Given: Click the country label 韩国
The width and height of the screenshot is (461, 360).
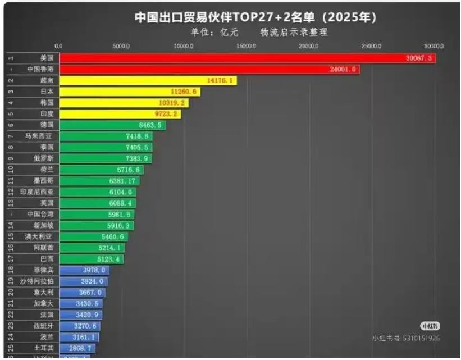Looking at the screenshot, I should coord(47,103).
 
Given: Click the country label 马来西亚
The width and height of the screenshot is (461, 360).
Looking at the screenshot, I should coord(39,136).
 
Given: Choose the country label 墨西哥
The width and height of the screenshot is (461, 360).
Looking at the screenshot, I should coord(44,180).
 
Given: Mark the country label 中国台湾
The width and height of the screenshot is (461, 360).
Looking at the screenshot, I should coord(40,214).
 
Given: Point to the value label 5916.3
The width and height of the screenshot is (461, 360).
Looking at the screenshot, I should coord(118,225).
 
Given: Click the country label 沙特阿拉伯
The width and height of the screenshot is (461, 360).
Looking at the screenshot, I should coord(39,281).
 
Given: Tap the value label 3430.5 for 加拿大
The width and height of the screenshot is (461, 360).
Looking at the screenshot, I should coord(89,303).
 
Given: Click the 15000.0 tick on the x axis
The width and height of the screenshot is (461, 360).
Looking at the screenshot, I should coord(246,46).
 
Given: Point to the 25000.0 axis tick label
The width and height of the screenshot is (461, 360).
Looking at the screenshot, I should coord(371,46).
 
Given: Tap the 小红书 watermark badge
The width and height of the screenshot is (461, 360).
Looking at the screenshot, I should coord(430,326).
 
